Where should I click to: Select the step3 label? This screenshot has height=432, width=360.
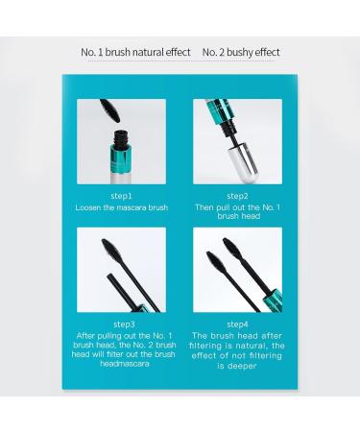point(123,324)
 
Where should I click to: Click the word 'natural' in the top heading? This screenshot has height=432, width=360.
point(145,52)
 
